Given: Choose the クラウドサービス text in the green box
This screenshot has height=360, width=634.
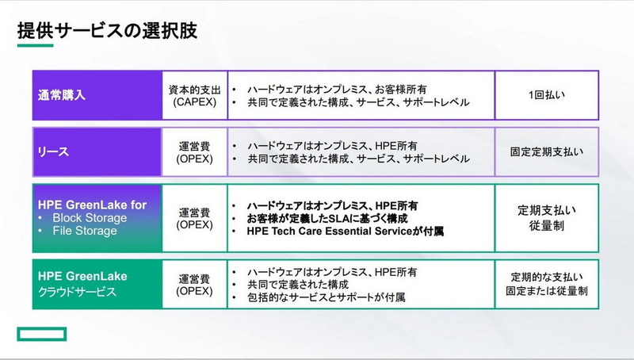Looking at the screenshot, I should [x=78, y=291].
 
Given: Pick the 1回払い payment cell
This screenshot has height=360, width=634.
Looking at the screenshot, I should [x=547, y=95].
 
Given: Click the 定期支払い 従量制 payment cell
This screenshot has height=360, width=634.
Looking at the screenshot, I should [x=547, y=218].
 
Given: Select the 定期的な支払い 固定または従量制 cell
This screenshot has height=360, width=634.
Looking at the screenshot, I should [x=547, y=284].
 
